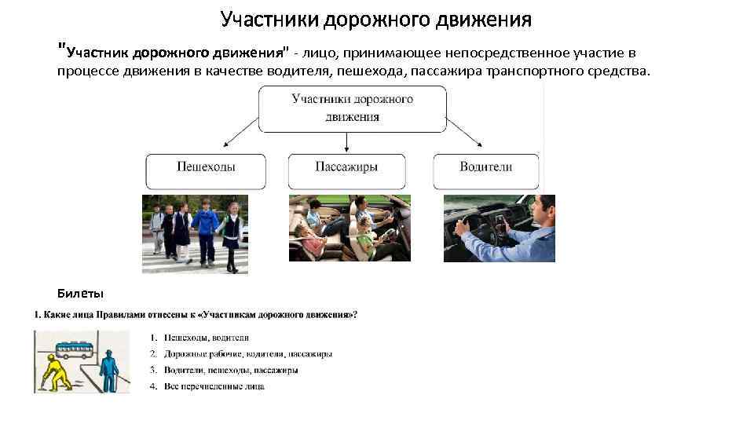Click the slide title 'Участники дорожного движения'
pos(376,19)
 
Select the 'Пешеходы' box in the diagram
pos(206,168)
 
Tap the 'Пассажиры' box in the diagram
pos(346,168)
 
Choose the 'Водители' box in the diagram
pos(485,168)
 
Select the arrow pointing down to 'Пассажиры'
pos(346,142)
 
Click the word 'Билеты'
pos(79,294)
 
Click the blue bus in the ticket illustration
pos(75,347)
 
